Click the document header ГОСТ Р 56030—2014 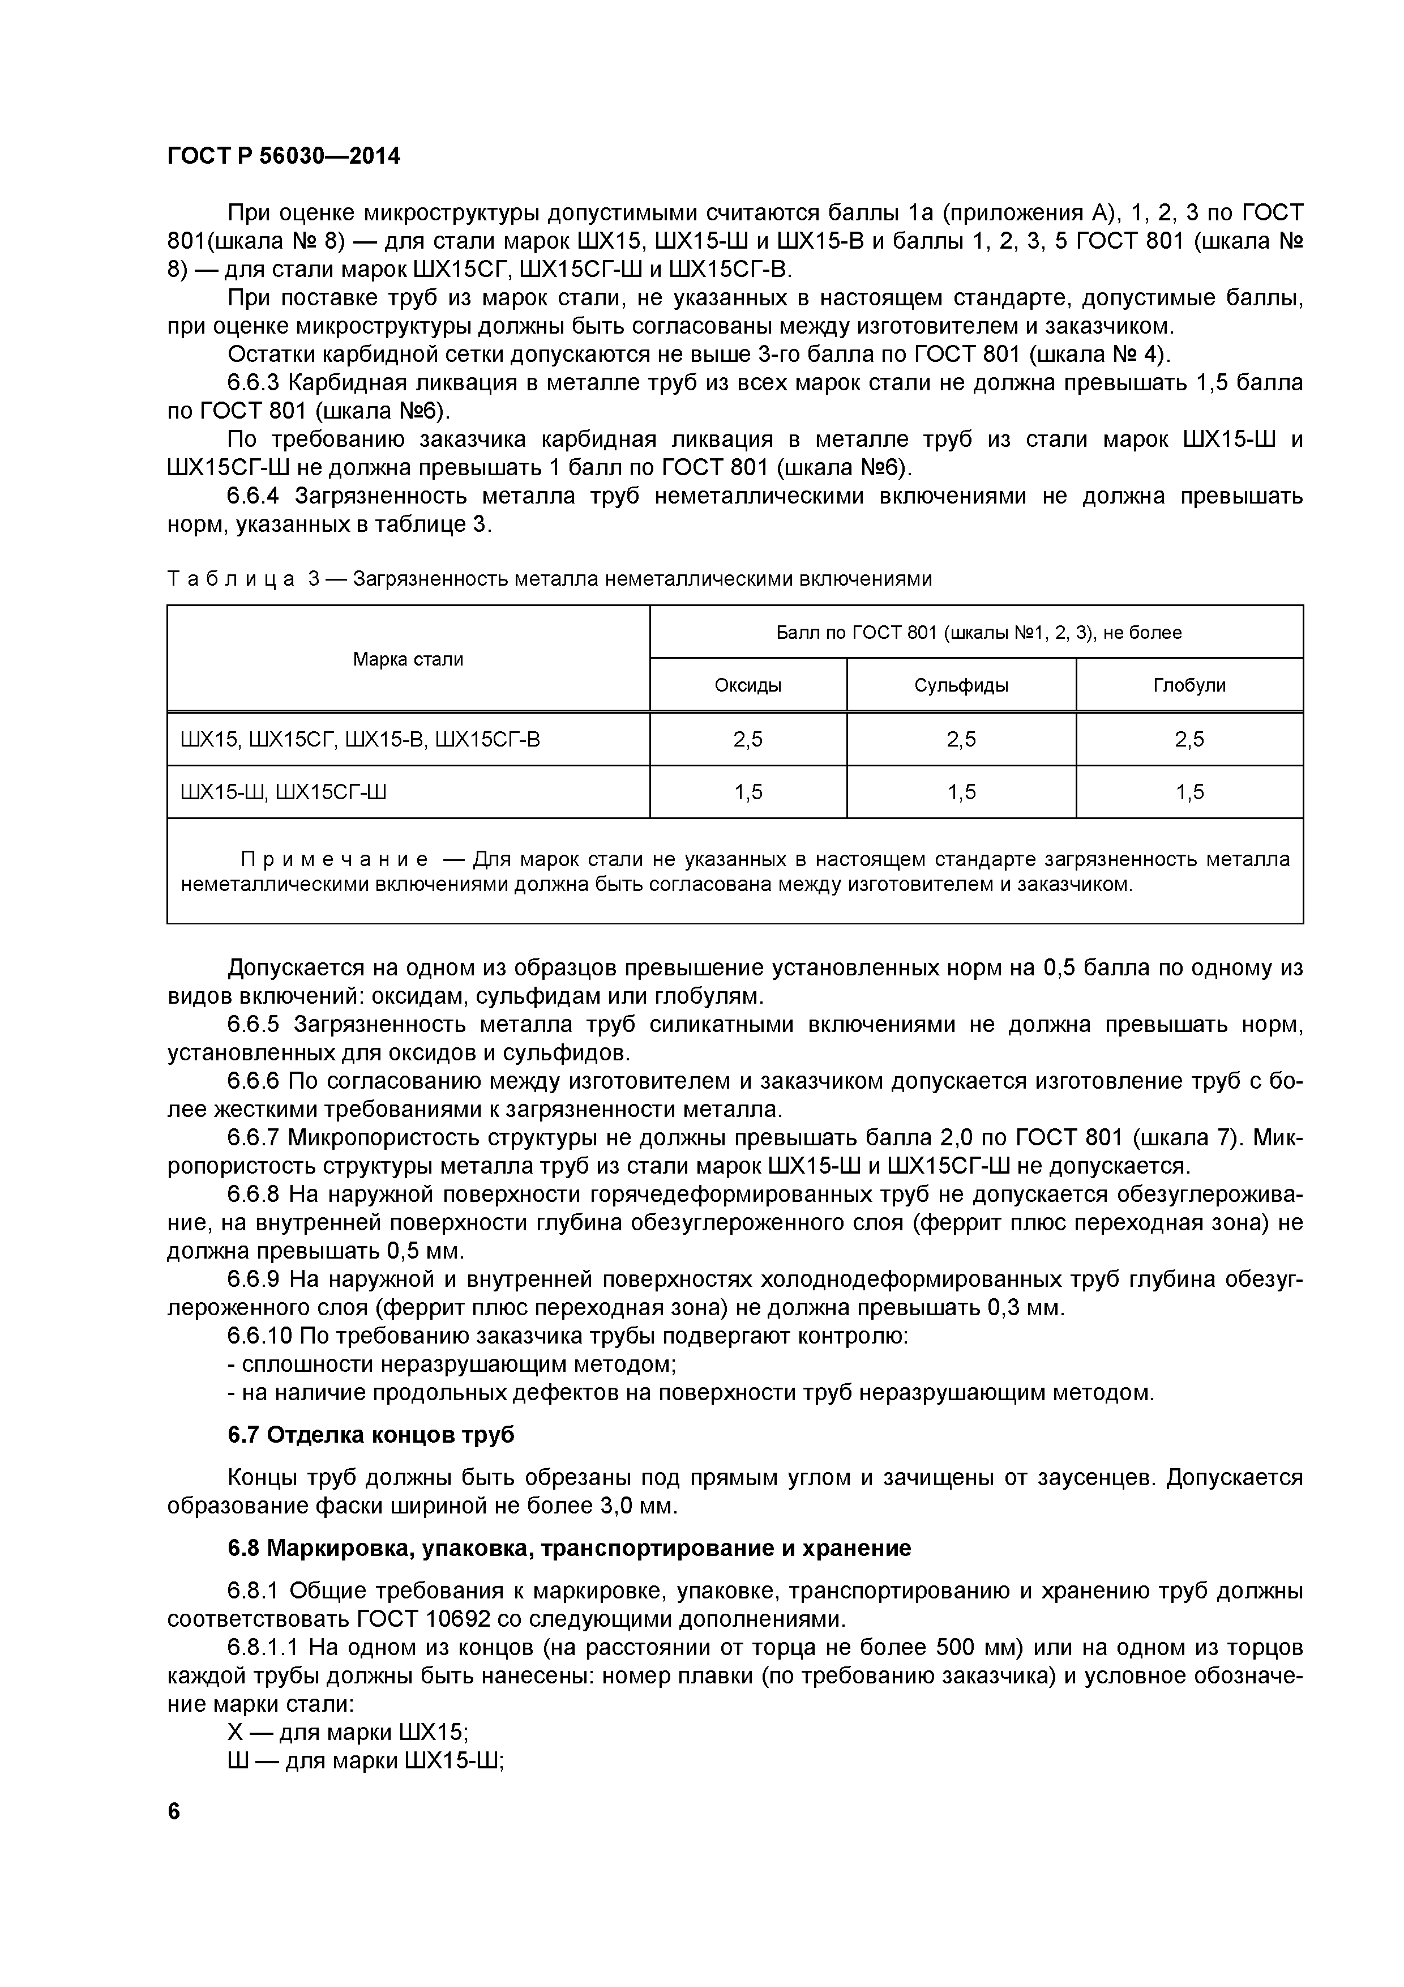tap(283, 157)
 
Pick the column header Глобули tap(1189, 685)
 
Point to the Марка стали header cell tap(408, 659)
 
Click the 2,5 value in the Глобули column tap(1189, 739)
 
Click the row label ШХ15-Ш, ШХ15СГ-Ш tap(283, 792)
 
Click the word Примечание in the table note tap(334, 859)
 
